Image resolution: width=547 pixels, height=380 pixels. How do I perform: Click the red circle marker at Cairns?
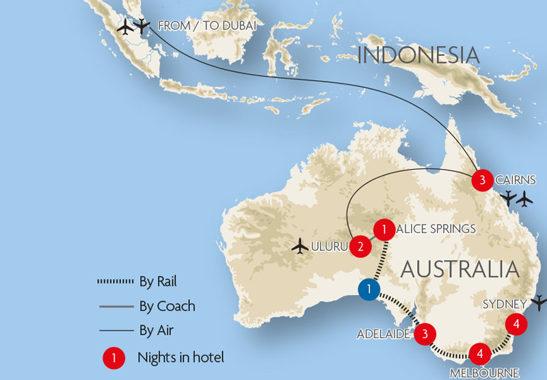482,180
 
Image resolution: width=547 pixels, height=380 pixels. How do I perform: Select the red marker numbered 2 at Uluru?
360,246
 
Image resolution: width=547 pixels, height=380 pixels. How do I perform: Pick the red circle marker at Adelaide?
425,334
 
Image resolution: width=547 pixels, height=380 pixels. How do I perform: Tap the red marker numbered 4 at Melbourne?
480,353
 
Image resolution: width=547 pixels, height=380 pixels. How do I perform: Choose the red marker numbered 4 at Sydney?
516,324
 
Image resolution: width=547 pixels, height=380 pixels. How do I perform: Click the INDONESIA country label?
418,55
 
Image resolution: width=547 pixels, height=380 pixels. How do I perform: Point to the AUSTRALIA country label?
459,268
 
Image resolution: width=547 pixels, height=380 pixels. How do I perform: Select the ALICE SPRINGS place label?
436,229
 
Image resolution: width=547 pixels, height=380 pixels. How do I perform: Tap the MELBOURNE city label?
484,373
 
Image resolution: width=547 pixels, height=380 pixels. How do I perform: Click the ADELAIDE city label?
383,334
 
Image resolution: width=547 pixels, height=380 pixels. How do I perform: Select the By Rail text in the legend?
158,281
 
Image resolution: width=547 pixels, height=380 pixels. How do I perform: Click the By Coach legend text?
166,306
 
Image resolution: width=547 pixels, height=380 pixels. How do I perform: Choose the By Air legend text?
155,331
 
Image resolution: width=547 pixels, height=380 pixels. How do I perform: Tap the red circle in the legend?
113,357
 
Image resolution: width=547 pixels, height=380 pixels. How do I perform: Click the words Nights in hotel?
181,357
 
